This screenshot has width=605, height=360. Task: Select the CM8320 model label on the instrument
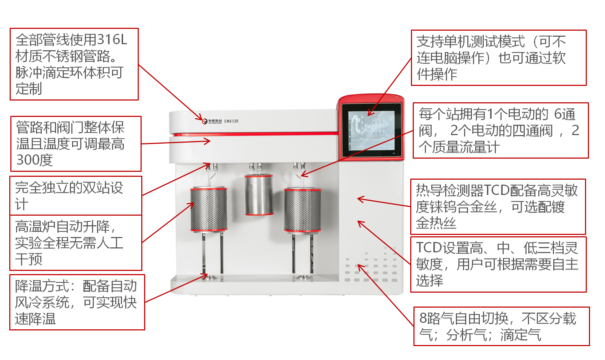(x=231, y=121)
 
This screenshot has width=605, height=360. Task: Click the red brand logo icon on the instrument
(x=205, y=121)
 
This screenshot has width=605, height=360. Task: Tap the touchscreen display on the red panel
(x=371, y=130)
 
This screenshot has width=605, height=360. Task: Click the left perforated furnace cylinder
(x=209, y=209)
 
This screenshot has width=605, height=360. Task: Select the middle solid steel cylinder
(x=259, y=195)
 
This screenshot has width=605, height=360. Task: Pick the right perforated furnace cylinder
(x=302, y=210)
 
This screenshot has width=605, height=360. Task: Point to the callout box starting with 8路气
(x=501, y=326)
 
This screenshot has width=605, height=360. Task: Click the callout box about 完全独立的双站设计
(x=76, y=195)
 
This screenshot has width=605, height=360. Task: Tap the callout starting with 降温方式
(x=77, y=302)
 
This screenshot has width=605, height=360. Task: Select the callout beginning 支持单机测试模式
(x=498, y=58)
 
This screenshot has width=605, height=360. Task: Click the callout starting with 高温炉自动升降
(x=76, y=243)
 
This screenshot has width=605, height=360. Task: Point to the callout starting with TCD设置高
(x=498, y=264)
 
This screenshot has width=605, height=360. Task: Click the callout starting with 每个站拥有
(x=500, y=130)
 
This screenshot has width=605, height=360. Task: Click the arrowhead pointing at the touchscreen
(x=370, y=114)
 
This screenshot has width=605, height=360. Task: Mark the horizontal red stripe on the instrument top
(x=253, y=134)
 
